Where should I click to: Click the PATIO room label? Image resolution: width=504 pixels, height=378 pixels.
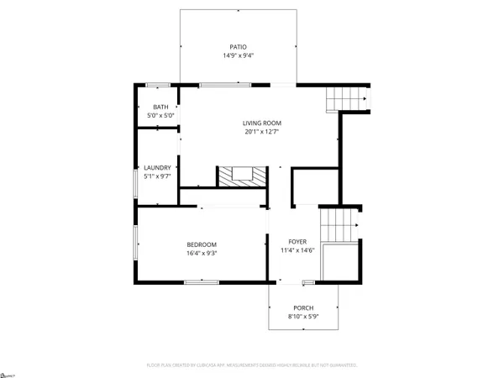pyautogui.click(x=239, y=47)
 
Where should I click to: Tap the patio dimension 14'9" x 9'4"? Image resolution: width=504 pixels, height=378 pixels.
pyautogui.click(x=239, y=56)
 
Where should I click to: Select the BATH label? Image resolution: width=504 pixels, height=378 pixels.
pyautogui.click(x=160, y=107)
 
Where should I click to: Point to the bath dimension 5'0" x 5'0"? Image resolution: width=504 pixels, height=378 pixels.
pyautogui.click(x=160, y=115)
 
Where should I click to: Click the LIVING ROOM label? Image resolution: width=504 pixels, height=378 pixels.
pyautogui.click(x=261, y=123)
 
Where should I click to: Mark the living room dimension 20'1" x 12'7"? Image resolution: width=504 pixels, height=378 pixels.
pyautogui.click(x=261, y=132)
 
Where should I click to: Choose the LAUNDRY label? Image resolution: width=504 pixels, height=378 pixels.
pyautogui.click(x=157, y=167)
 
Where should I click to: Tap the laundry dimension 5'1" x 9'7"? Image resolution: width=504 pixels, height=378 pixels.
pyautogui.click(x=157, y=176)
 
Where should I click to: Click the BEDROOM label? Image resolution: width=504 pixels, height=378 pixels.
pyautogui.click(x=202, y=244)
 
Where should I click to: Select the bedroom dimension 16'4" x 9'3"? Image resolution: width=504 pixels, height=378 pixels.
pyautogui.click(x=202, y=253)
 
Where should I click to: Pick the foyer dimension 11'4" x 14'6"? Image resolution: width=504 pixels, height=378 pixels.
pyautogui.click(x=299, y=249)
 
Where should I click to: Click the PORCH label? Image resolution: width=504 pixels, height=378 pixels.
pyautogui.click(x=303, y=308)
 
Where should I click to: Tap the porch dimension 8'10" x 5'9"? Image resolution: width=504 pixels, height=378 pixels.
pyautogui.click(x=303, y=318)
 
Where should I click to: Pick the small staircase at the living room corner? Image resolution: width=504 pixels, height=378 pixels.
pyautogui.click(x=346, y=98)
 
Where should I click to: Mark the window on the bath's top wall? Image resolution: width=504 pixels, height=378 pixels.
pyautogui.click(x=157, y=85)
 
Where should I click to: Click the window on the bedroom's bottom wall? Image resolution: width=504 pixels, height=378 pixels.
pyautogui.click(x=197, y=282)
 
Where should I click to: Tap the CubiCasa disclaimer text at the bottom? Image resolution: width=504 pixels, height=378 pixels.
pyautogui.click(x=252, y=365)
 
